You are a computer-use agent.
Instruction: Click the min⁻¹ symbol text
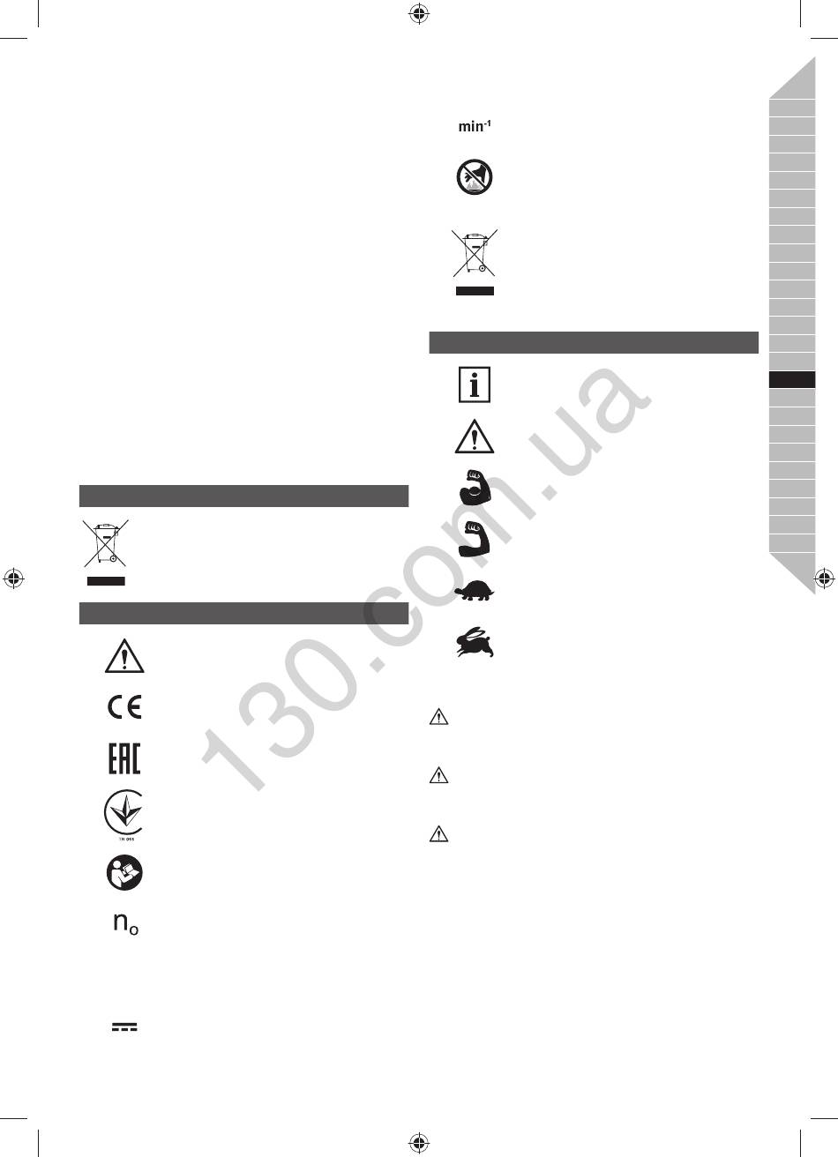click(475, 126)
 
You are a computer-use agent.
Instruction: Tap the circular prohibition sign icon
click(475, 177)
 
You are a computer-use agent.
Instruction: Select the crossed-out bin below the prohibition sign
click(475, 262)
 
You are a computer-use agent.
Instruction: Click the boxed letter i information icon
click(475, 384)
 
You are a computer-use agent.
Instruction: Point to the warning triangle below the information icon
click(475, 437)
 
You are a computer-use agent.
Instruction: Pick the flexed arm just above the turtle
click(475, 538)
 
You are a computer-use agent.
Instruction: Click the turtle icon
click(475, 591)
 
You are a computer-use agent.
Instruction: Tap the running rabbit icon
click(475, 642)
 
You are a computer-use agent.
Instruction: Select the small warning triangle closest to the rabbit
click(438, 717)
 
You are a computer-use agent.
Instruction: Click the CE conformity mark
click(124, 707)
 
